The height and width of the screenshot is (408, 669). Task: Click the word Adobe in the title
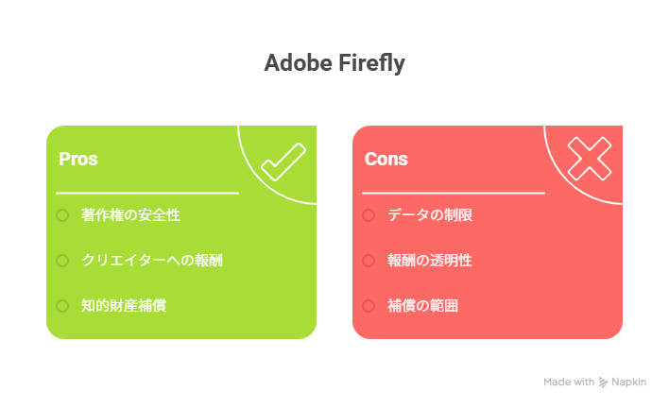(299, 62)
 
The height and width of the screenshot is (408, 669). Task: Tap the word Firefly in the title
(371, 63)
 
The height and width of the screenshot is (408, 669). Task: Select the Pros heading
(78, 159)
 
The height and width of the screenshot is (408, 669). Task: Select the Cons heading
(386, 159)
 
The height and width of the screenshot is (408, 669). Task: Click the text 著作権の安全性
(130, 215)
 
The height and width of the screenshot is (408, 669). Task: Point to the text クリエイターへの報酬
(152, 260)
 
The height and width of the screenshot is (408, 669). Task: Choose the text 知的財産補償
(124, 306)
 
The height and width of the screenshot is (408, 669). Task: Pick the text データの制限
(430, 215)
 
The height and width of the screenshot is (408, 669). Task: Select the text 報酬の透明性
(430, 260)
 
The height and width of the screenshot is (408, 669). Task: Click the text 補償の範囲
(422, 306)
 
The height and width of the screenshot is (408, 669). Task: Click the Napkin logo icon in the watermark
(603, 382)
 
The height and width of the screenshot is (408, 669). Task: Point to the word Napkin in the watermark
(628, 382)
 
